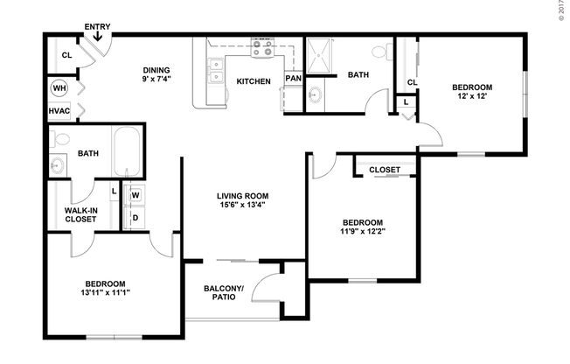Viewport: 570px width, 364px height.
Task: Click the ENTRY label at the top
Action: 96,28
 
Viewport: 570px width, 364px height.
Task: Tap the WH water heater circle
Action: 59,88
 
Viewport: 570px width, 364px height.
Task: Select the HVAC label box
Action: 59,111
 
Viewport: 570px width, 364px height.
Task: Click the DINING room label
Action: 156,71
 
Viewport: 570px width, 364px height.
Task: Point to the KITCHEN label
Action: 254,82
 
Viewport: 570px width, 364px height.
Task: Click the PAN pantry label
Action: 294,79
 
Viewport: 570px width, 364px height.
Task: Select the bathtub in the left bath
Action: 128,151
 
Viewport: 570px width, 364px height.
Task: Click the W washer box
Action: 136,195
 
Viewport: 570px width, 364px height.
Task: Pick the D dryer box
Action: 136,218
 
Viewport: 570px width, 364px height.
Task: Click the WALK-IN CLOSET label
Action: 80,215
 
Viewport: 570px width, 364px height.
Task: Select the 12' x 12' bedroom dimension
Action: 472,96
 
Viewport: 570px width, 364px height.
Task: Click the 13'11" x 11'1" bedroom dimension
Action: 105,293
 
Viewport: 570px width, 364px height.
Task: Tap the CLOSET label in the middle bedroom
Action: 385,170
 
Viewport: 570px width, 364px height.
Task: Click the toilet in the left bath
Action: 62,138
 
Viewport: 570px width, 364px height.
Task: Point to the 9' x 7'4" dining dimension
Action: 156,80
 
